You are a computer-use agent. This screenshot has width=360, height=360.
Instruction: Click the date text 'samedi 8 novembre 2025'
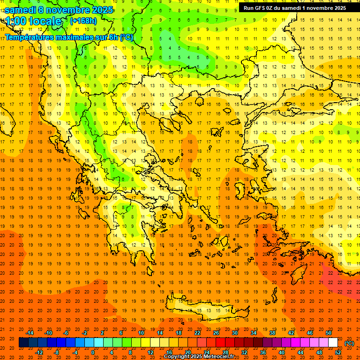[59, 10]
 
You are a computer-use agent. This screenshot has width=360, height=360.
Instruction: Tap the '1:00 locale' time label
[33, 21]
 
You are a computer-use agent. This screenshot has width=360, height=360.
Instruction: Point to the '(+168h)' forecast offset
[83, 21]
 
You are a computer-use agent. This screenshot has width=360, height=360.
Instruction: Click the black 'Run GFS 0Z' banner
[295, 8]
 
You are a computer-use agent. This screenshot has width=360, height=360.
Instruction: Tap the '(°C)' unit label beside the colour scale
[349, 343]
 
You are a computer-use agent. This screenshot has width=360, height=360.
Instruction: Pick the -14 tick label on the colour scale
[30, 333]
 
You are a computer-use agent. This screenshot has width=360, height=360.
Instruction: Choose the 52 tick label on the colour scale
[338, 352]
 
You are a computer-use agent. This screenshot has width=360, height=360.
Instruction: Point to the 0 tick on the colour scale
[93, 352]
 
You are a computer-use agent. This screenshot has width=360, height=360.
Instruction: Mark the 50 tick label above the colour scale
[329, 333]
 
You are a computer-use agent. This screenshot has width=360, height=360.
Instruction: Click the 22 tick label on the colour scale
[197, 333]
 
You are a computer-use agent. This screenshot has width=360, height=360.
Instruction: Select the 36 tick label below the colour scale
[263, 352]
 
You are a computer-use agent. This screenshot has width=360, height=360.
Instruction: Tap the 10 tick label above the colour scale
[141, 333]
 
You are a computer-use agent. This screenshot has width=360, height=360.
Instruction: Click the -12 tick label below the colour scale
[39, 352]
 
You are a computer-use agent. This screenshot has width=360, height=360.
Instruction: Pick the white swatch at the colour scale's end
[333, 343]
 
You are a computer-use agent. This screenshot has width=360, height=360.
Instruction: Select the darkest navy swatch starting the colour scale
[23, 343]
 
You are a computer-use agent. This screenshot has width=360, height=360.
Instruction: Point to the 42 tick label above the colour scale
[291, 333]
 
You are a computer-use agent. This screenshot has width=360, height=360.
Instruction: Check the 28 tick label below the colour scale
[225, 352]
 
